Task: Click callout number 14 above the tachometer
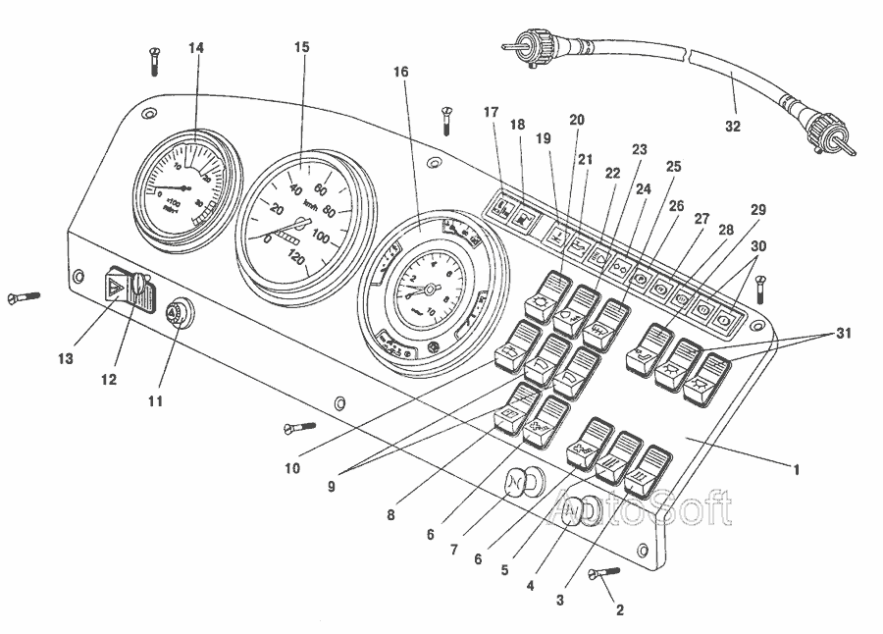[197, 48]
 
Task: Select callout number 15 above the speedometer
[302, 47]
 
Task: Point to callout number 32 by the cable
[733, 126]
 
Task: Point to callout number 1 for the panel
[798, 470]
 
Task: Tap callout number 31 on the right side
[842, 334]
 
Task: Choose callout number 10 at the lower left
[292, 468]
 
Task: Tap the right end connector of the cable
[824, 132]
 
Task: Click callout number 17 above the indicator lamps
[491, 112]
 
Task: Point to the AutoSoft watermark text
[643, 507]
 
